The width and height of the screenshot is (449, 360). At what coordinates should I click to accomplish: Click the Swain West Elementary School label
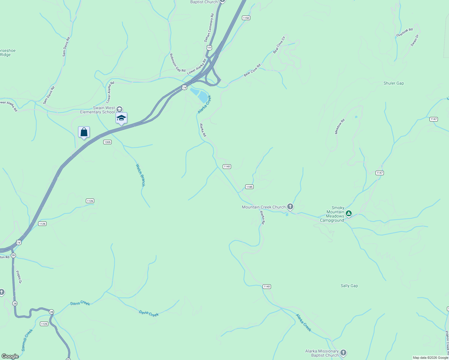pos(98,110)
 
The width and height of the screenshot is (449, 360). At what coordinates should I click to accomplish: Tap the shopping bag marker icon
pos(84,132)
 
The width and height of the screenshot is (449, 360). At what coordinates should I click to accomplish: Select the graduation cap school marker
pos(121,118)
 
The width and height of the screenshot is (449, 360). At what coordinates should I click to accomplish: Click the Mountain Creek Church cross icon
pos(290,206)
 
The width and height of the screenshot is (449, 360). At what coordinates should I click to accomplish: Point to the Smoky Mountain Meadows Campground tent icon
pos(348,214)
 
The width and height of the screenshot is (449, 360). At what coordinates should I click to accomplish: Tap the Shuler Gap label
pos(393,83)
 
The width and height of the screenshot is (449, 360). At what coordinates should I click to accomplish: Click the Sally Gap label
pos(349,286)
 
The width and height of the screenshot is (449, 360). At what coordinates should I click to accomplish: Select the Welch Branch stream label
pos(140,175)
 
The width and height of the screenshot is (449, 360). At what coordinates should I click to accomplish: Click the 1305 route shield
pos(107,142)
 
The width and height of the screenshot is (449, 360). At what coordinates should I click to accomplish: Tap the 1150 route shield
pos(246,18)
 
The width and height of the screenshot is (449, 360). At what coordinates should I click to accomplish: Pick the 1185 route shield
pos(249,187)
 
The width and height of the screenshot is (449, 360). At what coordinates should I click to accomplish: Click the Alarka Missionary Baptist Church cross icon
pos(343,353)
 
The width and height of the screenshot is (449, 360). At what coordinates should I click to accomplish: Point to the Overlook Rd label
pos(404,33)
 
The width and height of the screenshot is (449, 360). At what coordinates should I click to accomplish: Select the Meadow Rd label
pos(340,126)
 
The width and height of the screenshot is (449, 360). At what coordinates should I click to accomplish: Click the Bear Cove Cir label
pos(279,45)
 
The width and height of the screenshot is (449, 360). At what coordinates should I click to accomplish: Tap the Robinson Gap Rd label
pos(177,63)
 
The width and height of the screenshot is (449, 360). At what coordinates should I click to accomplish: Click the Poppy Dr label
pos(19,277)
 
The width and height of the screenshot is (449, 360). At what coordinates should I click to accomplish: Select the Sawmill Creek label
pos(27,340)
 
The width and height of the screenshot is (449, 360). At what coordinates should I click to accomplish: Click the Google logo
pos(10,356)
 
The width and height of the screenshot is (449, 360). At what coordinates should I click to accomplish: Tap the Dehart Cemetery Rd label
pos(209,28)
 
